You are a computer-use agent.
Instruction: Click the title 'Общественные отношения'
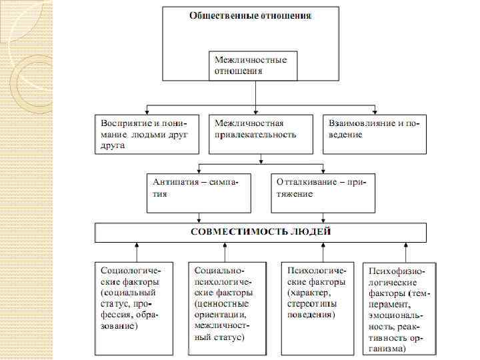(251, 15)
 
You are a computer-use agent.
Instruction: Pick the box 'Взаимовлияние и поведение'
(375, 129)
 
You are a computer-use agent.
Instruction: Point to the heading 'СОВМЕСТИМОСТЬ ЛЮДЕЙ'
(261, 232)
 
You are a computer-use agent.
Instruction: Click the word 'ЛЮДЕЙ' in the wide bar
(309, 232)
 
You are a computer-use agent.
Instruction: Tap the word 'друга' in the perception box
(113, 145)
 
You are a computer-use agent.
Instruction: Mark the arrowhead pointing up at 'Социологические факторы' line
(137, 246)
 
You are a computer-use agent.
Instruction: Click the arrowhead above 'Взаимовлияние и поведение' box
(374, 109)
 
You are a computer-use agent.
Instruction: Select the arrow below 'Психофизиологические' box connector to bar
(407, 246)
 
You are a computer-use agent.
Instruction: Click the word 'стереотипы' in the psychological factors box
(312, 303)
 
